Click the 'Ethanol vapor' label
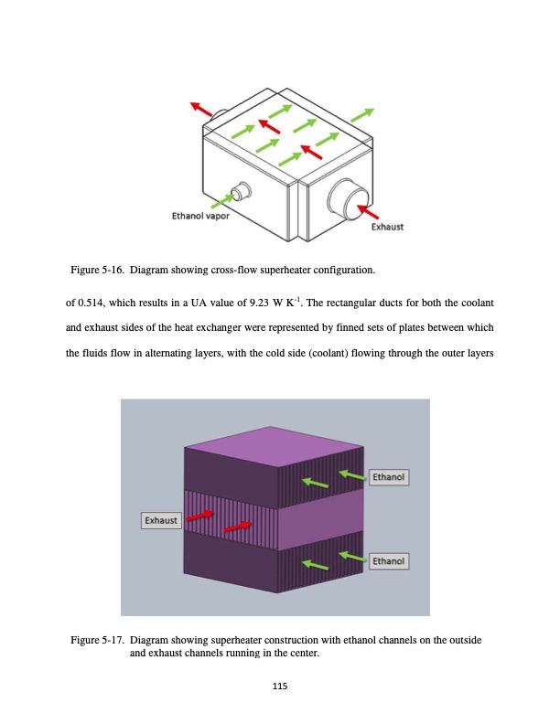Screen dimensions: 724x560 click(x=200, y=217)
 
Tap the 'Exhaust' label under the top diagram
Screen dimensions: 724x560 click(x=387, y=227)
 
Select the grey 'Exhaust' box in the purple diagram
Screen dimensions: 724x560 click(x=160, y=520)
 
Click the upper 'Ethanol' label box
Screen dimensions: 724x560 click(x=389, y=476)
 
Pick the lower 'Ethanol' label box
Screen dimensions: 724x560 click(x=389, y=560)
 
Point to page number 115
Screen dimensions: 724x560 click(x=280, y=687)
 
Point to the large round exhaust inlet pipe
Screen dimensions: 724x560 click(x=348, y=196)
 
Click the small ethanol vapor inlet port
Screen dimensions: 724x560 click(x=241, y=191)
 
